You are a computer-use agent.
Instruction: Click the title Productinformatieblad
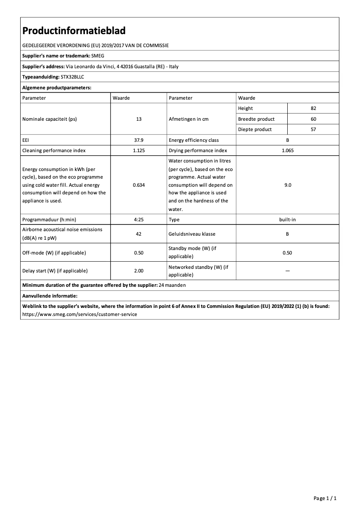[x=74, y=31]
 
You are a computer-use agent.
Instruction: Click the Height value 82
[x=313, y=108]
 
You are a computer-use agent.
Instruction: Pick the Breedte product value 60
[x=313, y=119]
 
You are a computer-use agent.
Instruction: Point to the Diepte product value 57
[x=313, y=129]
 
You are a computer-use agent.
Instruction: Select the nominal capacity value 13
[x=139, y=119]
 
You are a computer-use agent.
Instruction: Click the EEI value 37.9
[x=139, y=140]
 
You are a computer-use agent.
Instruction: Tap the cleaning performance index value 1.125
[x=139, y=151]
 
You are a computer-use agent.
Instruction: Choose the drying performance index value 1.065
[x=287, y=151]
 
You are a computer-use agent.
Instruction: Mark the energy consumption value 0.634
[x=139, y=185]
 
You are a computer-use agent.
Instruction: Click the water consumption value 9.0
[x=287, y=185]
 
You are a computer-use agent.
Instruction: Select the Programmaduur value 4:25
[x=139, y=219]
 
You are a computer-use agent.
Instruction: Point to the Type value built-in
[x=287, y=219]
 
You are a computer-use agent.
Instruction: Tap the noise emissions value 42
[x=139, y=234]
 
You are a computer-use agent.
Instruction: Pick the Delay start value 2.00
[x=139, y=271]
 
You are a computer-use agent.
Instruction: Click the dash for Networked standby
[x=287, y=271]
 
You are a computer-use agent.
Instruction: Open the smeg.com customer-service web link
[x=79, y=314]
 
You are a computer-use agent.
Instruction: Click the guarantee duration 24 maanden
[x=172, y=285]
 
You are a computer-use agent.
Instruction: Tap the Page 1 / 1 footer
[x=325, y=498]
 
